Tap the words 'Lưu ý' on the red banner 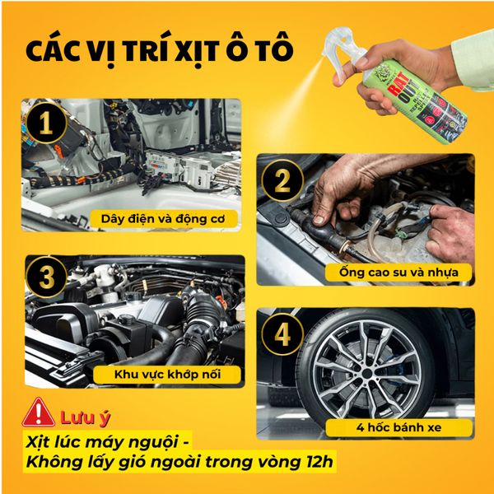point(80,412)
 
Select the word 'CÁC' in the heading point(55,50)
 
